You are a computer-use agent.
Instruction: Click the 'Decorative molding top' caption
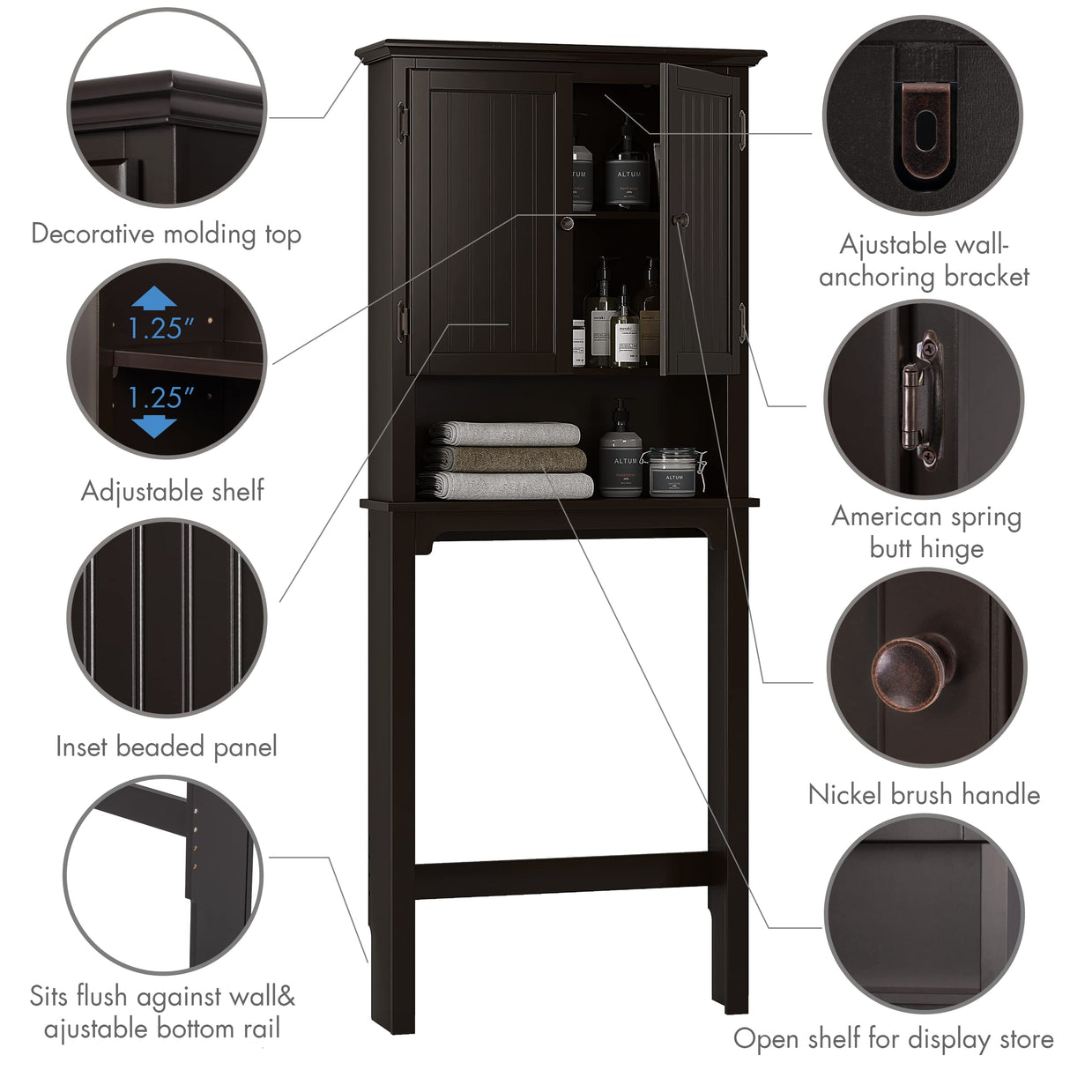click(166, 234)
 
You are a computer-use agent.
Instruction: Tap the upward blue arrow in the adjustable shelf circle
click(155, 297)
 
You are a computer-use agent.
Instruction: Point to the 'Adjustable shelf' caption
click(173, 491)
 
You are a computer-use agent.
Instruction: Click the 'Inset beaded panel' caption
click(167, 747)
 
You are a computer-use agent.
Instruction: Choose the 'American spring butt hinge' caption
click(926, 532)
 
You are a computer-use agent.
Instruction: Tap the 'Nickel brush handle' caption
click(924, 795)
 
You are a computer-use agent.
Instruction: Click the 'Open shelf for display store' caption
click(893, 1039)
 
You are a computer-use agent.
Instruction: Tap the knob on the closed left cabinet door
click(567, 223)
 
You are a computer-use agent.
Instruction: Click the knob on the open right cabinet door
click(679, 219)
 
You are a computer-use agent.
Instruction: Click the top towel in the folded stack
click(505, 433)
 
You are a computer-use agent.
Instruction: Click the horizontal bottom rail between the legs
click(561, 877)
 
